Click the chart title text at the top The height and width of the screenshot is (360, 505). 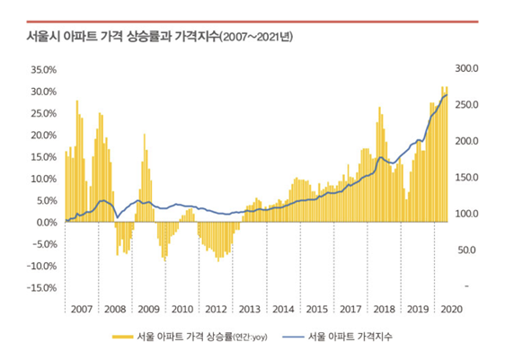click(160, 36)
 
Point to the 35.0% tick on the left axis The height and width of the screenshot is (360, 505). click(44, 70)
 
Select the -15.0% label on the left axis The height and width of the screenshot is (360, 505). click(42, 287)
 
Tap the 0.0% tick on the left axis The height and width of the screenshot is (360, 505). click(47, 223)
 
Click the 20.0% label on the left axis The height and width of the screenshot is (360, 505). click(44, 136)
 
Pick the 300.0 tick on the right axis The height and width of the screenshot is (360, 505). click(466, 68)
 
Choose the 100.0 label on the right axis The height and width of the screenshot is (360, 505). click(466, 214)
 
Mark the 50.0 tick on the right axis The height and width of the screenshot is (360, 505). click(466, 250)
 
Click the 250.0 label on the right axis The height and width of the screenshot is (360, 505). click(466, 105)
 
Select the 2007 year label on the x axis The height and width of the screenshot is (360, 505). click(82, 309)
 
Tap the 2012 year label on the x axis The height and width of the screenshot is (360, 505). click(216, 309)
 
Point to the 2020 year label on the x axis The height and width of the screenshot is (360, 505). click(452, 309)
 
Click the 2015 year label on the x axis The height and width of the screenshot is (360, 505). click(317, 309)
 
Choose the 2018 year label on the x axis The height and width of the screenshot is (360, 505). click(385, 309)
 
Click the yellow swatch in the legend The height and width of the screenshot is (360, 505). click(123, 337)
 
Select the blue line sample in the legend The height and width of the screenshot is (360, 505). click(293, 337)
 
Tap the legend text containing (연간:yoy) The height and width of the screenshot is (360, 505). click(202, 337)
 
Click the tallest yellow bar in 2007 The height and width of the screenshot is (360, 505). click(77, 162)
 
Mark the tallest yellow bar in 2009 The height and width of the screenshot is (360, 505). click(145, 178)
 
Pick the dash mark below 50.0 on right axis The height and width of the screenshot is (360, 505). click(466, 286)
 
